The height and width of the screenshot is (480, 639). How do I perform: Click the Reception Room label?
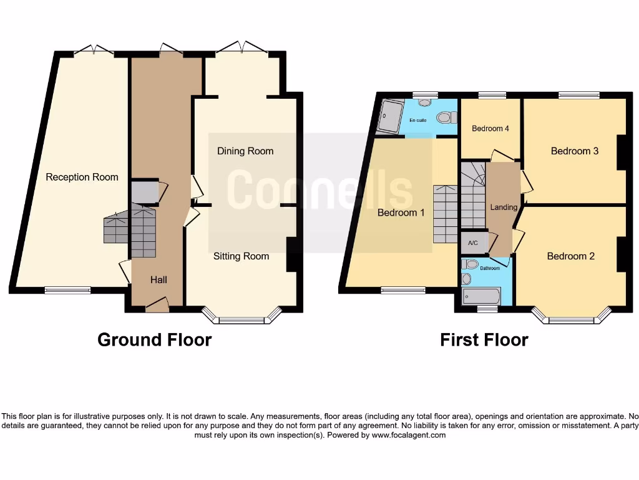(x=82, y=177)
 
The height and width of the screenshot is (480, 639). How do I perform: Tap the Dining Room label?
(x=245, y=151)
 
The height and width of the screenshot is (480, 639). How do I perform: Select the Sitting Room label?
(x=241, y=256)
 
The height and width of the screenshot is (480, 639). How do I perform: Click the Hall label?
(x=159, y=280)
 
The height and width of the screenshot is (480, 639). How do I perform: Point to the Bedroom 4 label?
(x=490, y=129)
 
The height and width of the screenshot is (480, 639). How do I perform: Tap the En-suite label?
(x=417, y=120)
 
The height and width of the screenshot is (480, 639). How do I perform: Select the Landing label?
(x=504, y=207)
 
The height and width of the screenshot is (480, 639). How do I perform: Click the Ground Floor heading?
(x=154, y=340)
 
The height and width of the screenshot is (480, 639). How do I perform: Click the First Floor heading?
(x=484, y=340)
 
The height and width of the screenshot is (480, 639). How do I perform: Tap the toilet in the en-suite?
(x=444, y=117)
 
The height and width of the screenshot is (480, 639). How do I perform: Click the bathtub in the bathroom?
(x=480, y=295)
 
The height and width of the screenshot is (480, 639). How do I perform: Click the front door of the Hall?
(x=157, y=306)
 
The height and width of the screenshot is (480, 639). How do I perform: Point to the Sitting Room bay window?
(x=241, y=320)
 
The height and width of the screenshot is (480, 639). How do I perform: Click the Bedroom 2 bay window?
(x=571, y=320)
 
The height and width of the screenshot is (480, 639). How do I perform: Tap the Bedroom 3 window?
(x=578, y=96)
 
